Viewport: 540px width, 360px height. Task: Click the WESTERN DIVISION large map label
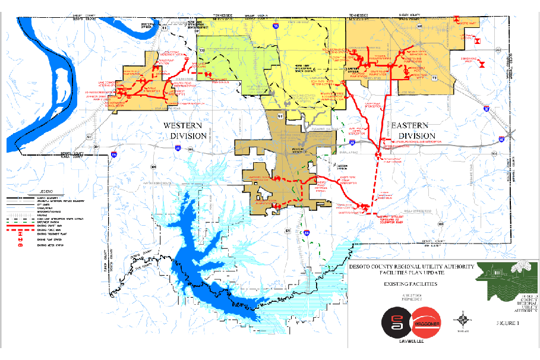(x=185, y=131)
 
